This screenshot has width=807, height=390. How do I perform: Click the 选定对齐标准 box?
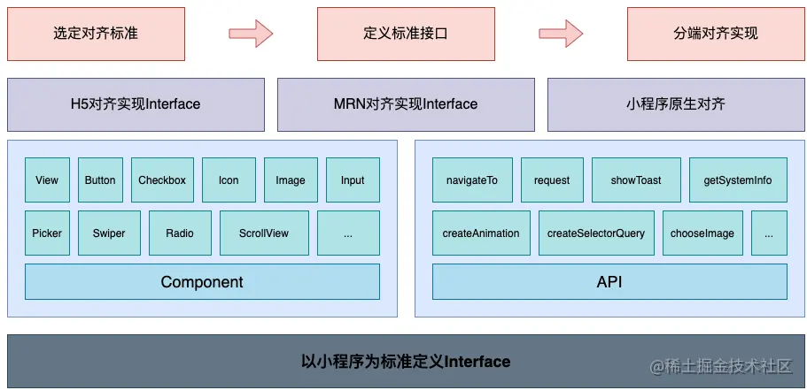[x=96, y=34]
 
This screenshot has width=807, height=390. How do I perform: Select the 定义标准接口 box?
[x=406, y=34]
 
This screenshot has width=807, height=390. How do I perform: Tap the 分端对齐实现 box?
[x=716, y=34]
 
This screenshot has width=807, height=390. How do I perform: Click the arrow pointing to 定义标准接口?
[x=251, y=34]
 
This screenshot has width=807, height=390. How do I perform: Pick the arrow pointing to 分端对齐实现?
[x=561, y=34]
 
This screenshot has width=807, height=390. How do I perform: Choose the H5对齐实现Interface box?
[x=136, y=104]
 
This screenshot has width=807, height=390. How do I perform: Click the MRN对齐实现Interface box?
[x=406, y=104]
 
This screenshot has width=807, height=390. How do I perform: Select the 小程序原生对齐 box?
[x=676, y=104]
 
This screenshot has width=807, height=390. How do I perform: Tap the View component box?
[x=47, y=180]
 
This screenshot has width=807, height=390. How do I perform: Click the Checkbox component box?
[x=162, y=180]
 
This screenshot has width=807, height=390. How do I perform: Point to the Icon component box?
[x=229, y=180]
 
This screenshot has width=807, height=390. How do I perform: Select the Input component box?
[x=353, y=180]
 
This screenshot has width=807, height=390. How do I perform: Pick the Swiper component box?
[x=109, y=233]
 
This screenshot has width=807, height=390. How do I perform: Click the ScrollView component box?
[x=264, y=233]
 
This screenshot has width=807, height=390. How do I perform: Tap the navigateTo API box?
[x=471, y=180]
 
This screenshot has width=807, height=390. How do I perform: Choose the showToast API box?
[x=636, y=180]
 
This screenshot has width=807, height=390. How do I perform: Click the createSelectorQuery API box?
[x=596, y=233]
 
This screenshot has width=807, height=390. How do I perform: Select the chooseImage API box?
[x=702, y=233]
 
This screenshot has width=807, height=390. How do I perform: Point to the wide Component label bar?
[x=202, y=282]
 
